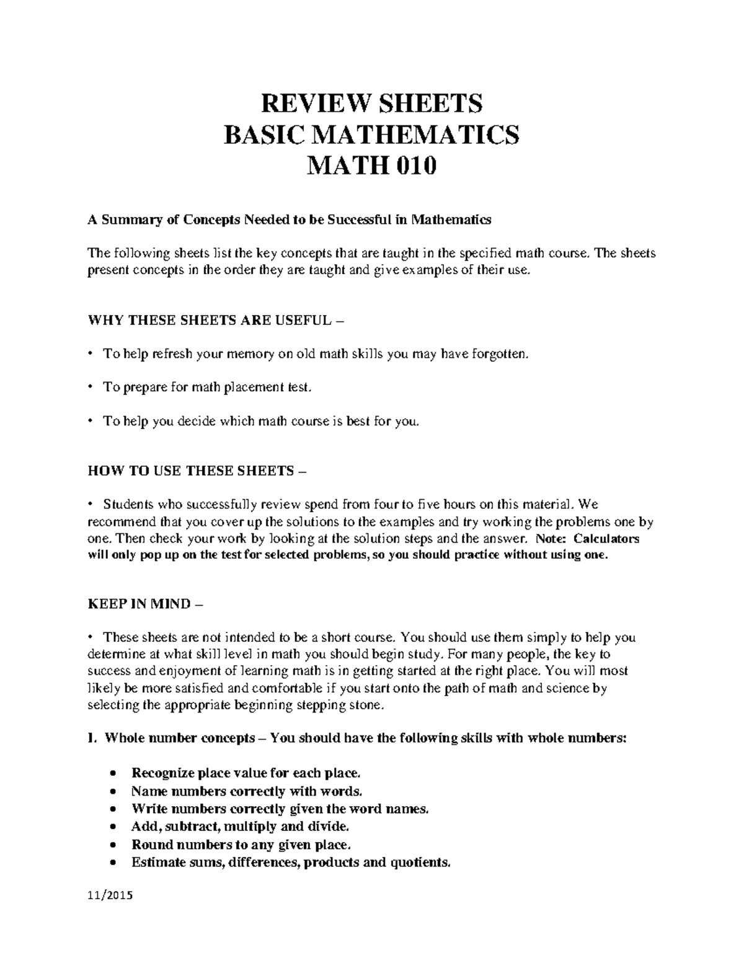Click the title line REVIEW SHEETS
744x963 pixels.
371,103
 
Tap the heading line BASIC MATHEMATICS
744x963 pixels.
371,135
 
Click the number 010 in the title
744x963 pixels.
416,166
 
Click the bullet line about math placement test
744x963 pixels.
205,388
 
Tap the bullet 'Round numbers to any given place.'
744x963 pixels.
241,844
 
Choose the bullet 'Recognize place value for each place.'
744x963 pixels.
246,773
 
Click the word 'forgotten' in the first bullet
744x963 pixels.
501,354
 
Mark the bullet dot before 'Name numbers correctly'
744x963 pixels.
112,792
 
